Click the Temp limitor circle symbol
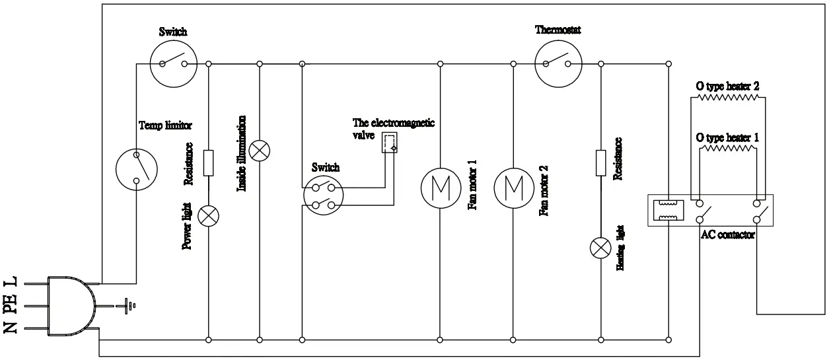pyautogui.click(x=137, y=168)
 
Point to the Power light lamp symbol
pyautogui.click(x=209, y=215)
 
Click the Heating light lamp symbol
pyautogui.click(x=600, y=248)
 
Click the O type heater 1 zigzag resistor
pyautogui.click(x=727, y=149)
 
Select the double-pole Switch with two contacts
pyautogui.click(x=323, y=196)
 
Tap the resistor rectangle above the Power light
pyautogui.click(x=209, y=162)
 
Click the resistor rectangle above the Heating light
pyautogui.click(x=600, y=162)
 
